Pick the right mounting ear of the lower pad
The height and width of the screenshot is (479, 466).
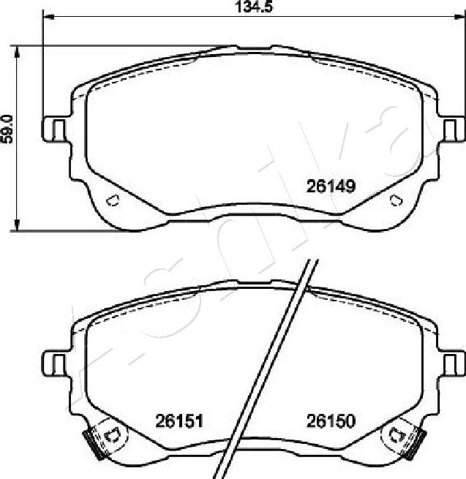(454, 362)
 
